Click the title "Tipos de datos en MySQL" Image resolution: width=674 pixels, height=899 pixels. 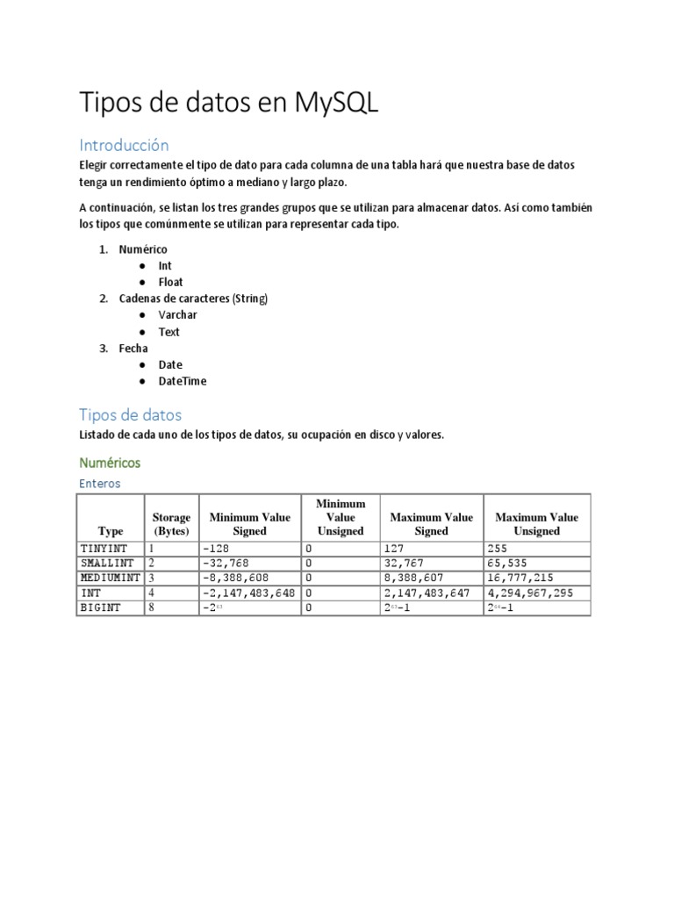click(229, 102)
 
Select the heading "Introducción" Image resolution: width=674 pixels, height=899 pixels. click(124, 144)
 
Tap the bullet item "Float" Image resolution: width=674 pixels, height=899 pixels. click(170, 283)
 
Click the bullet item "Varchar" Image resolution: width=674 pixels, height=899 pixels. click(177, 315)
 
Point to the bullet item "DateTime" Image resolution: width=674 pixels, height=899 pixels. click(183, 381)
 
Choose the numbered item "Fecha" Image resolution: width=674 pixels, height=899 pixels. click(133, 349)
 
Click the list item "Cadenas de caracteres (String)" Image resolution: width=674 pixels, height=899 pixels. click(193, 298)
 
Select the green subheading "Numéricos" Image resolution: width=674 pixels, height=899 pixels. click(110, 462)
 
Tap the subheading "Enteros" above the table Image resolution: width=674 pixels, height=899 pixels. click(100, 484)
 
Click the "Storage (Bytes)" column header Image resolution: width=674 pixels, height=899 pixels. click(171, 524)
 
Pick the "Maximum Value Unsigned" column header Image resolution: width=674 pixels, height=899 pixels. click(536, 524)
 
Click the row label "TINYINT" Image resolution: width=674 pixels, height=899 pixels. click(104, 548)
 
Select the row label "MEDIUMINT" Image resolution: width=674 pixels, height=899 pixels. click(110, 578)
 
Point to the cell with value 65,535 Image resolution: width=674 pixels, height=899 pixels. click(506, 563)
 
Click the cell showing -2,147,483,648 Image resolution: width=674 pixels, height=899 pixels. click(249, 593)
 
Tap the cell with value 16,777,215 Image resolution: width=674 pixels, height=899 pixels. click(519, 578)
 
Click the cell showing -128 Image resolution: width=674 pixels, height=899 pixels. click(215, 548)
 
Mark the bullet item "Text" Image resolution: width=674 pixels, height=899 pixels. click(168, 332)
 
